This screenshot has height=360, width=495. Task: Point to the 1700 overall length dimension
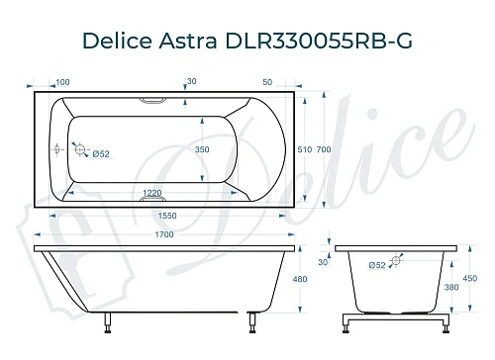click(x=163, y=234)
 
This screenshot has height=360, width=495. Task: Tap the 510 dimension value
click(x=304, y=149)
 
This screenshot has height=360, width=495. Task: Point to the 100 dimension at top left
click(x=61, y=82)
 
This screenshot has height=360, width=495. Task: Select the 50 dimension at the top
click(x=267, y=82)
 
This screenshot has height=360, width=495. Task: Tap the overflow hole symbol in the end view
click(x=397, y=263)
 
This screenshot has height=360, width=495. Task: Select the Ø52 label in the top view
click(x=99, y=153)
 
